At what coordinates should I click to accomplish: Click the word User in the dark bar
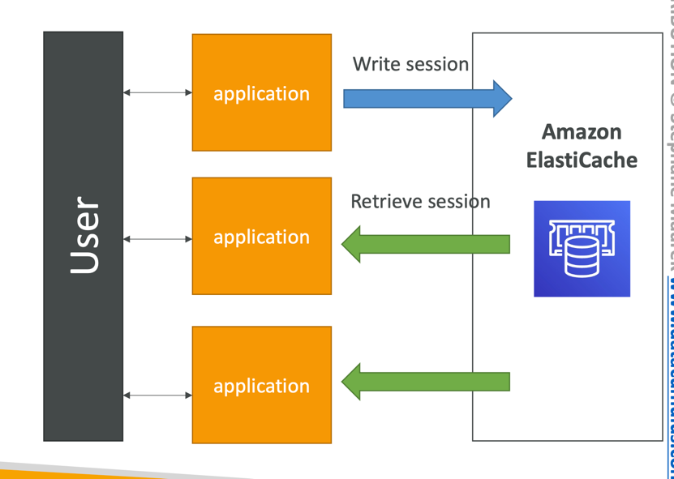[84, 235]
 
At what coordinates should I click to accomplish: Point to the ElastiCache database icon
[582, 249]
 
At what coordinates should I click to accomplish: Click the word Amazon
[582, 131]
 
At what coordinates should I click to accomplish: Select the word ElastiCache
[582, 160]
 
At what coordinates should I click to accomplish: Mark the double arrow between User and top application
[157, 92]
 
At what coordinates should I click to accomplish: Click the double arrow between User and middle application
[157, 239]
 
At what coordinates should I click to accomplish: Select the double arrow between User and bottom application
[157, 396]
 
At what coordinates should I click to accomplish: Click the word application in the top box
[261, 94]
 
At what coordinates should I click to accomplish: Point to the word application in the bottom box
[261, 387]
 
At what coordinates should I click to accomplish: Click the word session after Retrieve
[461, 201]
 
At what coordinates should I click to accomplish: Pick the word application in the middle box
[261, 237]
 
